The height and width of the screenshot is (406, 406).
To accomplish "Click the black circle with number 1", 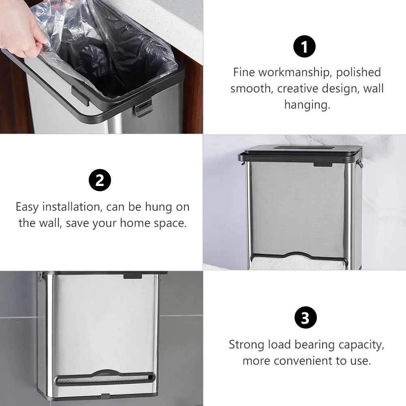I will click(x=304, y=47).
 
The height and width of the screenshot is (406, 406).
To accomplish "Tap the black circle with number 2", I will click(x=100, y=180).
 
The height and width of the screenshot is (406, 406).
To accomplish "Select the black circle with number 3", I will click(x=305, y=318).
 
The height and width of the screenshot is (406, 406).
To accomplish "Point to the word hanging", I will click(x=306, y=105).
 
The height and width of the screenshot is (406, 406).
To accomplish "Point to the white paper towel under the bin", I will click(x=298, y=264).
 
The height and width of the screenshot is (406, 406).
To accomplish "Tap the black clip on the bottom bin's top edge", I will click(x=133, y=276).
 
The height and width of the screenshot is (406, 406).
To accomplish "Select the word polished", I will click(x=359, y=73).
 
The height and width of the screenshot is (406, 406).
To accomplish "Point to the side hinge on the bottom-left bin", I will click(x=41, y=277).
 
